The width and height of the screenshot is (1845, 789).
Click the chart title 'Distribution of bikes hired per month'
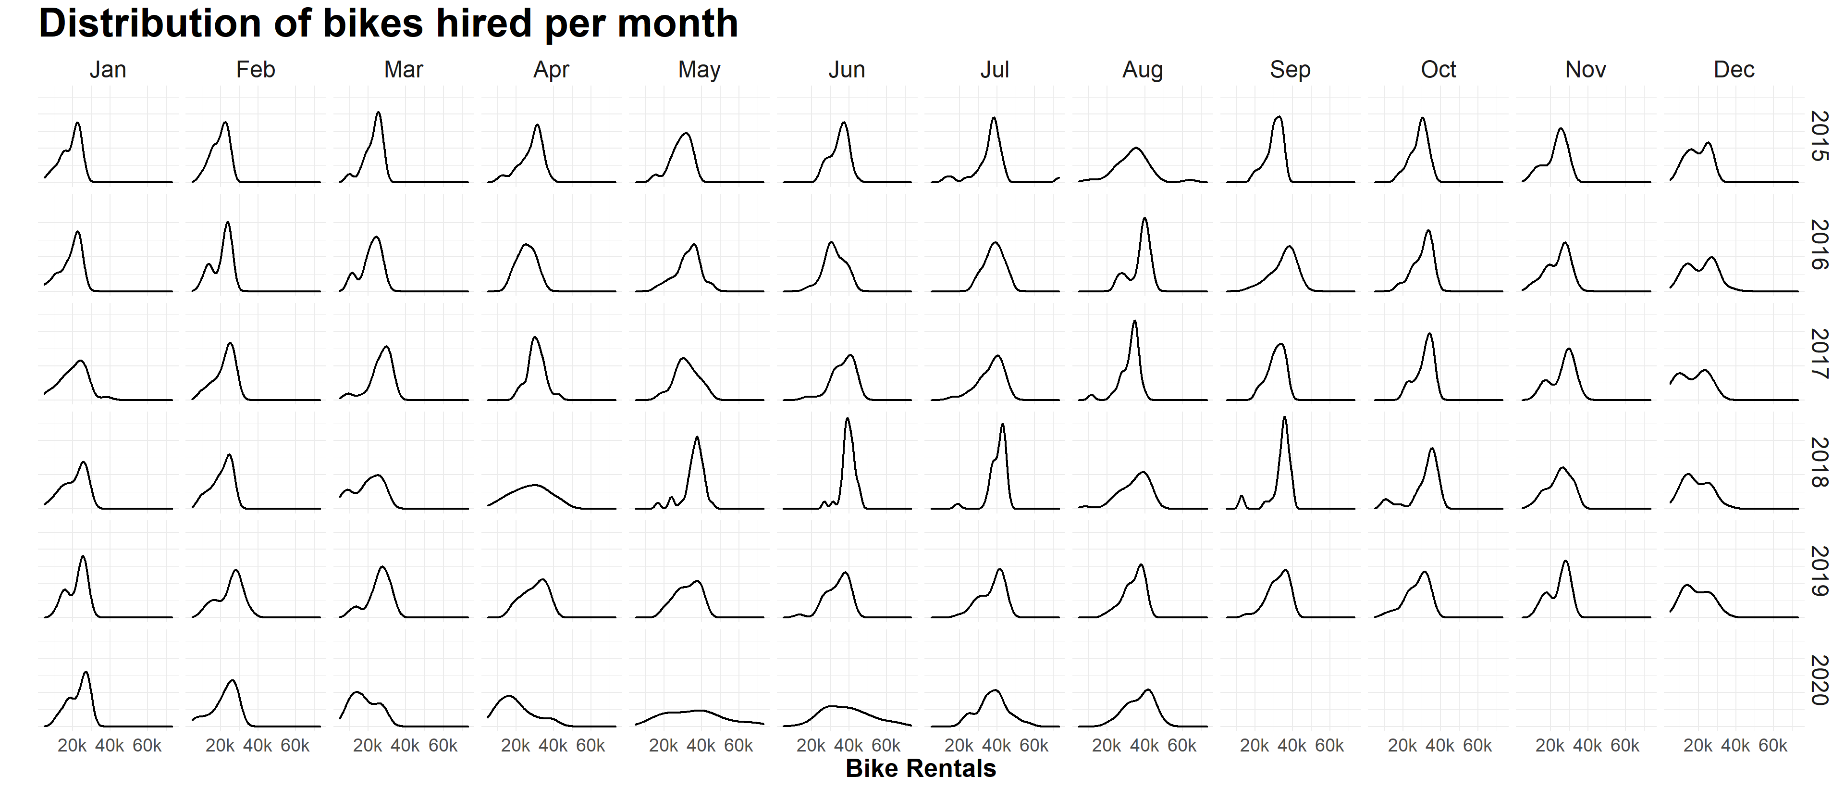point(388,24)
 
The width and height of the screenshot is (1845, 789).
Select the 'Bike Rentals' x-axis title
point(921,768)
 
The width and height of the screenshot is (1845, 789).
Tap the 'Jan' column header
point(108,70)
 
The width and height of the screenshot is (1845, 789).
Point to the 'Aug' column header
point(1143,70)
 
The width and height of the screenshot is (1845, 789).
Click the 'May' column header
point(699,70)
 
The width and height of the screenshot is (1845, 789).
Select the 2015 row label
point(1819,136)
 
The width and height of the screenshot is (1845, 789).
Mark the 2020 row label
point(1819,679)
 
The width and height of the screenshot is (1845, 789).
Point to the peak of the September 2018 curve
point(1285,417)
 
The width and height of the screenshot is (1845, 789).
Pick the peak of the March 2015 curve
point(378,113)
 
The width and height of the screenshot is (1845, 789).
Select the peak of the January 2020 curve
point(86,672)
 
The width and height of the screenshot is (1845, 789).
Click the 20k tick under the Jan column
point(73,746)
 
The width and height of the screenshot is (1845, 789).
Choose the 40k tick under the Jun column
point(849,746)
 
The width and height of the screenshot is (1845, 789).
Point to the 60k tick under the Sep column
point(1329,746)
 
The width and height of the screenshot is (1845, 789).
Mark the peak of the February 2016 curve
point(228,222)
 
